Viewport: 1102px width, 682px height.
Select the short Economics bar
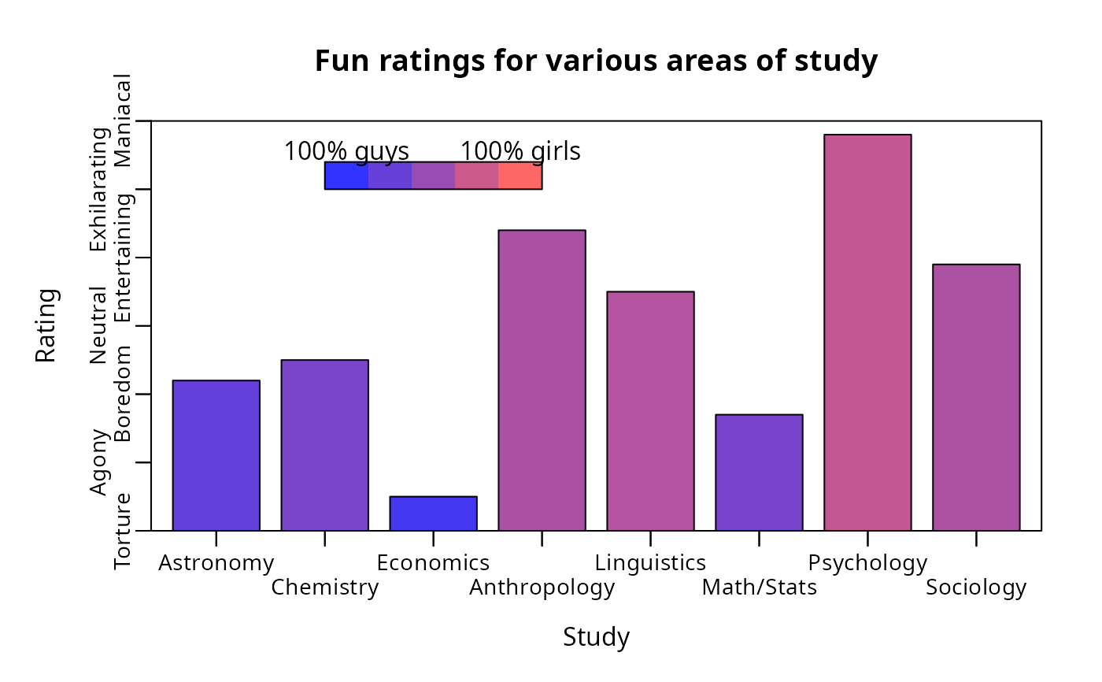[433, 513]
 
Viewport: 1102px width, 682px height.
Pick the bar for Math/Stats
[759, 473]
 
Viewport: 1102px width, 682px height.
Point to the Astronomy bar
[216, 455]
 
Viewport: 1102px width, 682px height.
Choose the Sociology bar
[976, 397]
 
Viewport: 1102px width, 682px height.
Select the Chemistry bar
[324, 445]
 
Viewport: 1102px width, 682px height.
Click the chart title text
[596, 61]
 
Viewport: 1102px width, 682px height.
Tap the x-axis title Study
[596, 637]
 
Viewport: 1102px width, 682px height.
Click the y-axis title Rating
[46, 325]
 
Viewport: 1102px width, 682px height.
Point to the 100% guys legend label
[346, 151]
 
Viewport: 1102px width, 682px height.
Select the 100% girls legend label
[520, 151]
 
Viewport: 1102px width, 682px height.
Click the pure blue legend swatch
[346, 176]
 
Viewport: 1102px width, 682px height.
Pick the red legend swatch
[520, 176]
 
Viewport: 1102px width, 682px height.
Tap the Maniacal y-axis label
[123, 120]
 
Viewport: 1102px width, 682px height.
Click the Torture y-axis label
[123, 531]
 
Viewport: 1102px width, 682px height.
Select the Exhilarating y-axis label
[99, 190]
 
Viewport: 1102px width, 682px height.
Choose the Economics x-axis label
[433, 563]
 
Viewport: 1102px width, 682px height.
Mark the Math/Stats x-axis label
[759, 587]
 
